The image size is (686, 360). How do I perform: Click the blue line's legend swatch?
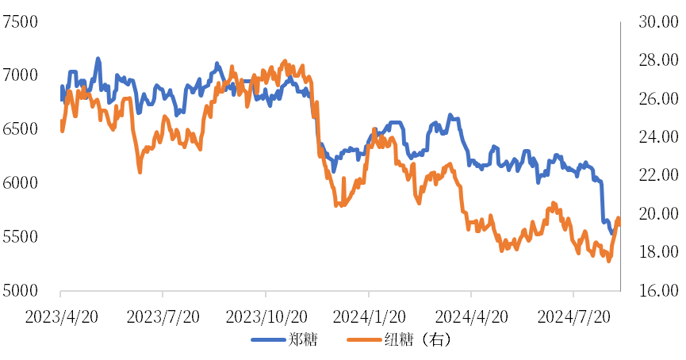269,339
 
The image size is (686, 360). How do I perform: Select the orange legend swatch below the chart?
365,339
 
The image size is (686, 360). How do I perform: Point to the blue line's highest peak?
98,59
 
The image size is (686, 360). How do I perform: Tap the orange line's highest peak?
286,61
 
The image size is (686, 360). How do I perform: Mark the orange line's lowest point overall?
609,259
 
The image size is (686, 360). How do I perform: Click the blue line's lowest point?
611,233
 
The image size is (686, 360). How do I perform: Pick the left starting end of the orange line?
62,131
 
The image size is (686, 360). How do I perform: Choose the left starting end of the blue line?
62,100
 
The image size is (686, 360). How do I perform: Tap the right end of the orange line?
619,218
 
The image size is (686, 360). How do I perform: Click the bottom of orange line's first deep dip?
140,171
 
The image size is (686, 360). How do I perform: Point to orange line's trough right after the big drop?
339,205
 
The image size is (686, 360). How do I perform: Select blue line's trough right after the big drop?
334,170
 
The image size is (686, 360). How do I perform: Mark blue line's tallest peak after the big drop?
450,116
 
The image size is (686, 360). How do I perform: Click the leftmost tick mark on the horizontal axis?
60,294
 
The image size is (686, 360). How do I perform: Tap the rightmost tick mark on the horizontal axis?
573,294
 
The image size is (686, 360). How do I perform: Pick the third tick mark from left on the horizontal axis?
266,294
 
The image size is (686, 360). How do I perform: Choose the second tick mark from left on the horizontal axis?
163,294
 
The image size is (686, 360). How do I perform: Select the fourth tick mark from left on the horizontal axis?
369,294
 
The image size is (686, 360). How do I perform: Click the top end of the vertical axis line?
620,22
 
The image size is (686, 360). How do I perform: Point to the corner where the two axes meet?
620,291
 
